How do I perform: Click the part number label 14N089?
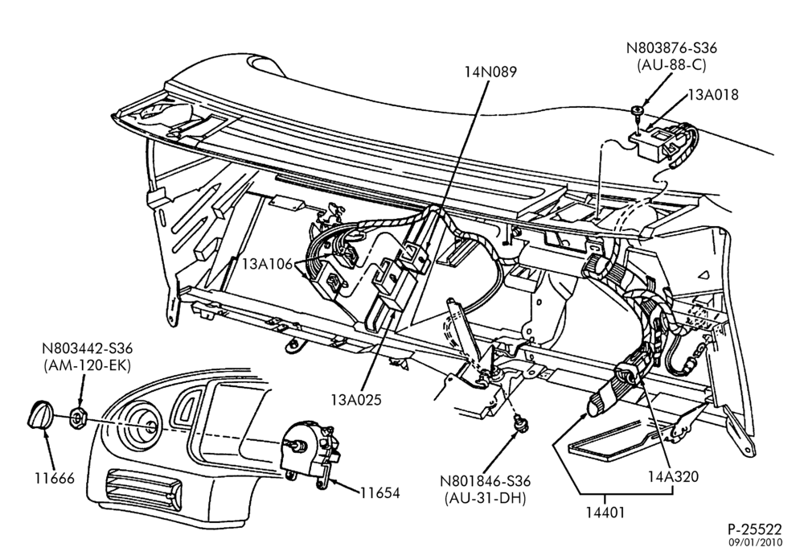click(x=490, y=72)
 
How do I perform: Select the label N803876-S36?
click(x=671, y=47)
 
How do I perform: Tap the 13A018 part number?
click(x=713, y=94)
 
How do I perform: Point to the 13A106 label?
click(x=267, y=264)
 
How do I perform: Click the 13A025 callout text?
click(x=356, y=399)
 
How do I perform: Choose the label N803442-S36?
click(x=87, y=348)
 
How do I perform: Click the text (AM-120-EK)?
click(x=87, y=365)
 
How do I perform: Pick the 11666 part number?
click(x=55, y=479)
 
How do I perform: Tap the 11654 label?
click(x=379, y=492)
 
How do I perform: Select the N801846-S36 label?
click(x=485, y=481)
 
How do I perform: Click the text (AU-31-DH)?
click(x=485, y=498)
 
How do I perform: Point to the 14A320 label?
click(x=673, y=476)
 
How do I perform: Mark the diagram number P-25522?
click(x=755, y=529)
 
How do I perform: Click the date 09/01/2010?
click(x=757, y=542)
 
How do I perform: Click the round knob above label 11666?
click(x=39, y=414)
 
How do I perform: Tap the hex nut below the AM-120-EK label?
click(x=79, y=417)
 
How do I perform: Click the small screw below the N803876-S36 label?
click(x=638, y=112)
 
